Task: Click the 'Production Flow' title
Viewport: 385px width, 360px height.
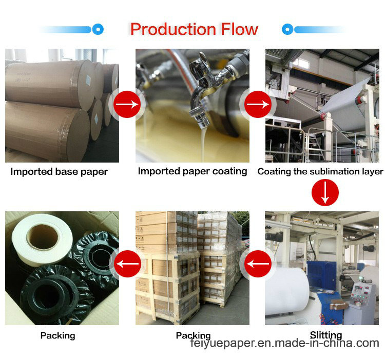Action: (194, 29)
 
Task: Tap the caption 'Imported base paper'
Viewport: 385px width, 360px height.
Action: (59, 172)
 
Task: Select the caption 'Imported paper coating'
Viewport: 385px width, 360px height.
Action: (192, 171)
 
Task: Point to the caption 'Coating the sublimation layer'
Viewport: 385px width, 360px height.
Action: (320, 171)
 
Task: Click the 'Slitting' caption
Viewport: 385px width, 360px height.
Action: (326, 335)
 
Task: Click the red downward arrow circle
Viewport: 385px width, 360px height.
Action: (325, 192)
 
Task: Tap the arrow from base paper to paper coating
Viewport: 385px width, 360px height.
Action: (127, 104)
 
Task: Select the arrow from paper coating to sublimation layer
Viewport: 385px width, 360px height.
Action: (258, 104)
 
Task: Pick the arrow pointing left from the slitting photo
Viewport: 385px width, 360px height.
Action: (258, 264)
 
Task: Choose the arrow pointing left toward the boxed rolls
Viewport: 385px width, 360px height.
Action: (127, 264)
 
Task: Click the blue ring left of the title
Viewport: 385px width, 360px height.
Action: (98, 29)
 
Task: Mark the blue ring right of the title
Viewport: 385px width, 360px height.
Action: (287, 29)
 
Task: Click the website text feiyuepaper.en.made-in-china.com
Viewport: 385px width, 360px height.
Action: (284, 343)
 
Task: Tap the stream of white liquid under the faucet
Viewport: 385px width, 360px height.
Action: (203, 145)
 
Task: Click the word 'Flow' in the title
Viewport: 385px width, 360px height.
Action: (240, 29)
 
